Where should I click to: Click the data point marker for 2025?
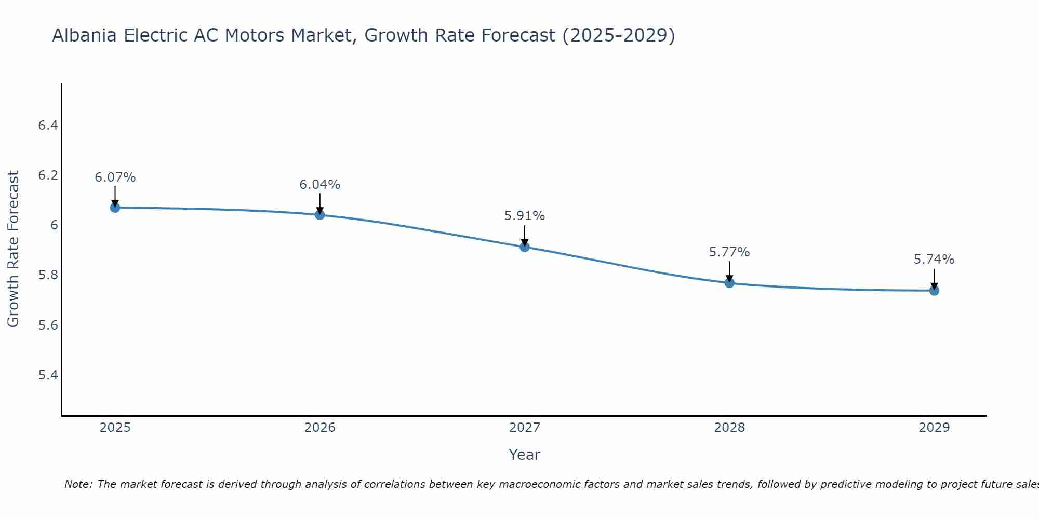point(115,208)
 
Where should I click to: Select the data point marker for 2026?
point(319,215)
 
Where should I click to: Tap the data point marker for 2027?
point(525,247)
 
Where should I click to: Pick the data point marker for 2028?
point(729,283)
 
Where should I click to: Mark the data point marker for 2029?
point(934,291)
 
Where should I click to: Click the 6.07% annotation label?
point(115,177)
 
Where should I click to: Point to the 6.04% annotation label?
point(319,185)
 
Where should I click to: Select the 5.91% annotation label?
point(525,216)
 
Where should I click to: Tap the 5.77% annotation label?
point(729,252)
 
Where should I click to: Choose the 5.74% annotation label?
point(934,259)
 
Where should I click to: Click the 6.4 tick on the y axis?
point(48,125)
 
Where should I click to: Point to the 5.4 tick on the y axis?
point(48,375)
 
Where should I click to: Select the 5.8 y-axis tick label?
point(48,275)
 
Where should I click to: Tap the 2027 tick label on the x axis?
point(525,428)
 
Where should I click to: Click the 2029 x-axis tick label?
point(934,428)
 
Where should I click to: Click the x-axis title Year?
point(525,455)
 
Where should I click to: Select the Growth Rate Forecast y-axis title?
point(14,249)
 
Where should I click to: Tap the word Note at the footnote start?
point(78,484)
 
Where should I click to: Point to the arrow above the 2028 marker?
point(729,271)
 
